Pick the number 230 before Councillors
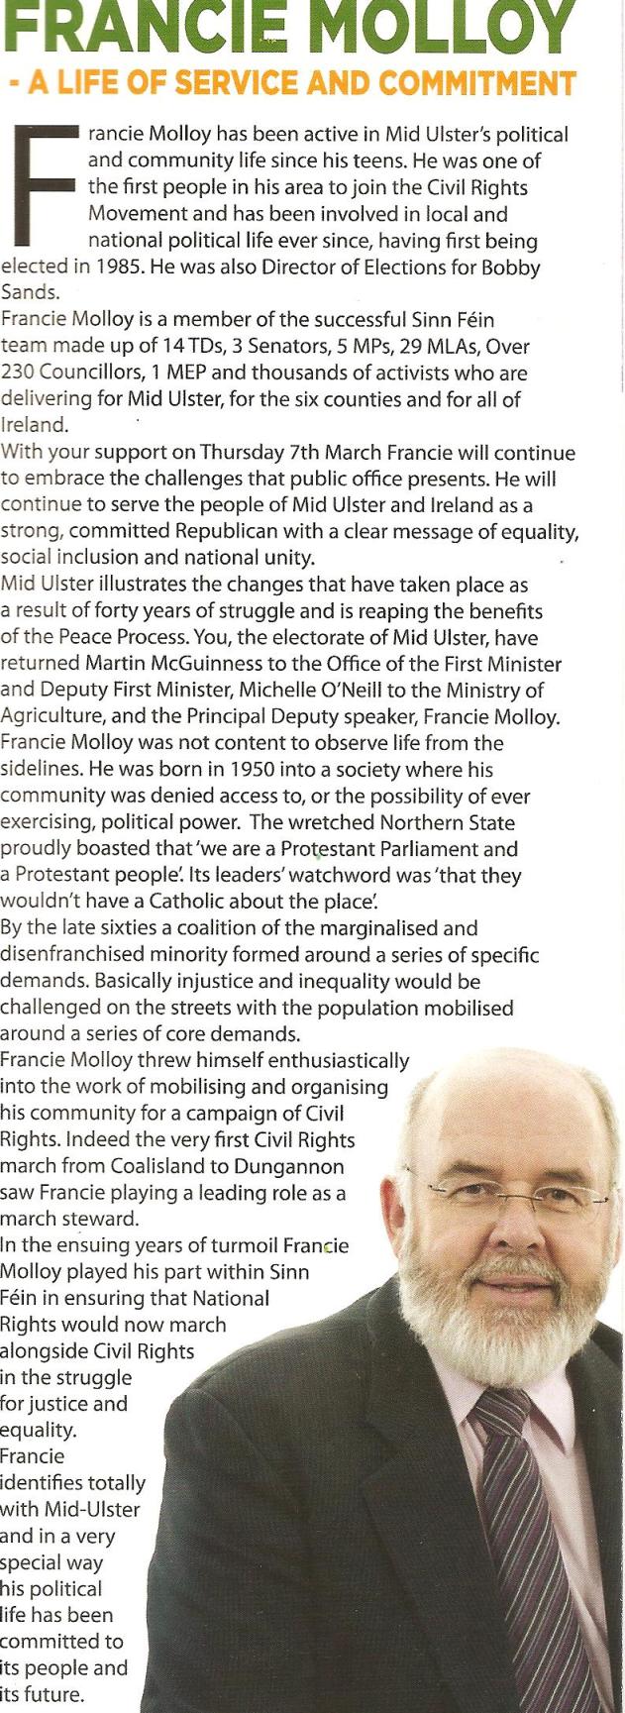(19, 374)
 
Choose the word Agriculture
(52, 716)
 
